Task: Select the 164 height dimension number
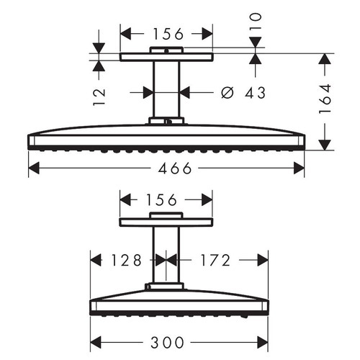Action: pos(326,99)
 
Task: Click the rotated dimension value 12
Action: pos(100,92)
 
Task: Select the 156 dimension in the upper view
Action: pos(166,33)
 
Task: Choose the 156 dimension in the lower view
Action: pos(166,198)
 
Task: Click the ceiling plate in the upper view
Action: pos(166,56)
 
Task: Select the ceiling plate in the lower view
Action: pos(166,221)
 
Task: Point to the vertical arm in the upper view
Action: pos(166,90)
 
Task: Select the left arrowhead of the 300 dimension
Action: pos(94,341)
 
